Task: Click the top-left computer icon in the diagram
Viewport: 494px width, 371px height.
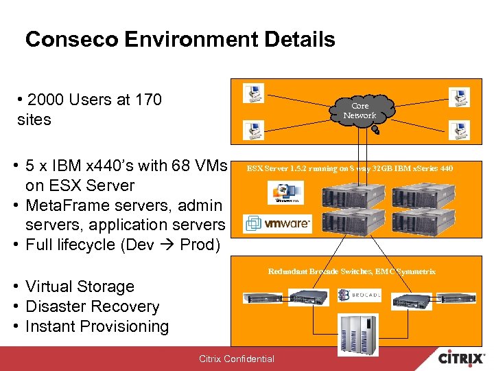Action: pos(254,93)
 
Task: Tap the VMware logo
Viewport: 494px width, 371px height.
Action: pos(279,223)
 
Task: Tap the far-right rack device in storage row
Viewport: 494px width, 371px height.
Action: pos(455,298)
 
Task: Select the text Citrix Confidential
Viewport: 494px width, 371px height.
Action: pos(236,359)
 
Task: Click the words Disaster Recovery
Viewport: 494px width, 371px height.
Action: pos(92,306)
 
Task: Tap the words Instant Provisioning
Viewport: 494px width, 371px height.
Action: pos(97,326)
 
